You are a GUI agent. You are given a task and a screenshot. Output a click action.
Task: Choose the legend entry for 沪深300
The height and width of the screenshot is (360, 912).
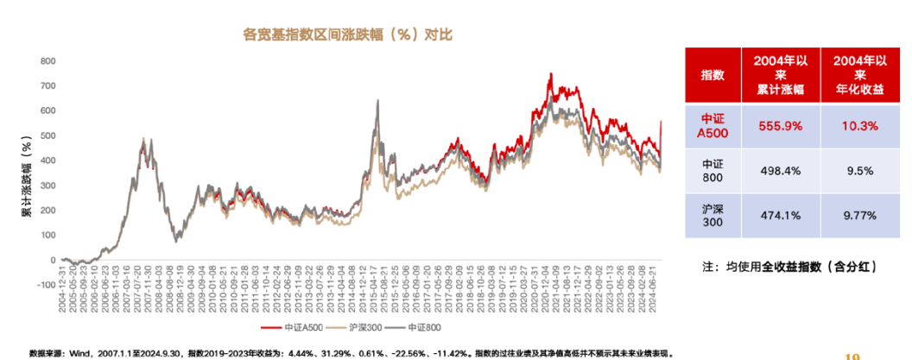tap(362, 328)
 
